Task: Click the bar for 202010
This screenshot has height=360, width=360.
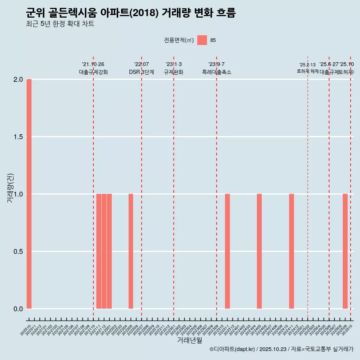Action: pos(29,194)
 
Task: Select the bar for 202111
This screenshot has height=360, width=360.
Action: pos(99,251)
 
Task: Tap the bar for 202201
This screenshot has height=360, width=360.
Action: pos(109,251)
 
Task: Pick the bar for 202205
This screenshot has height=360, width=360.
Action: pos(131,251)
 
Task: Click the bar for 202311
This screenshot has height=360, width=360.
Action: pos(227,251)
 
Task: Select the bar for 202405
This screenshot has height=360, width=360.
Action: pos(259,251)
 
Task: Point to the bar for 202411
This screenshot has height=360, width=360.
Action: pos(291,251)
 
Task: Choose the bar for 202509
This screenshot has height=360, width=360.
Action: pos(345,251)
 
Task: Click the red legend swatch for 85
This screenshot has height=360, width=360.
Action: pos(202,40)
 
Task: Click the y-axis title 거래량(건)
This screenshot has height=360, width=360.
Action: pos(10,188)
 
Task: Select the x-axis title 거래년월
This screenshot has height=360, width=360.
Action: pos(189,340)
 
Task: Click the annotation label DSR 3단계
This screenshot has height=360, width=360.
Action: pos(141,72)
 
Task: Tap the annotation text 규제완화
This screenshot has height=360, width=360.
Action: pos(173,72)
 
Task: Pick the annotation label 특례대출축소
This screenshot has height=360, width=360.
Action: pos(216,72)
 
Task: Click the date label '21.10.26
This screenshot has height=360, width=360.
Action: pos(93,64)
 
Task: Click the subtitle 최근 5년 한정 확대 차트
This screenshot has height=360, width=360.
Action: pos(60,24)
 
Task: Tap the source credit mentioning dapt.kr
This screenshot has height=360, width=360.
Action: pos(281,349)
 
